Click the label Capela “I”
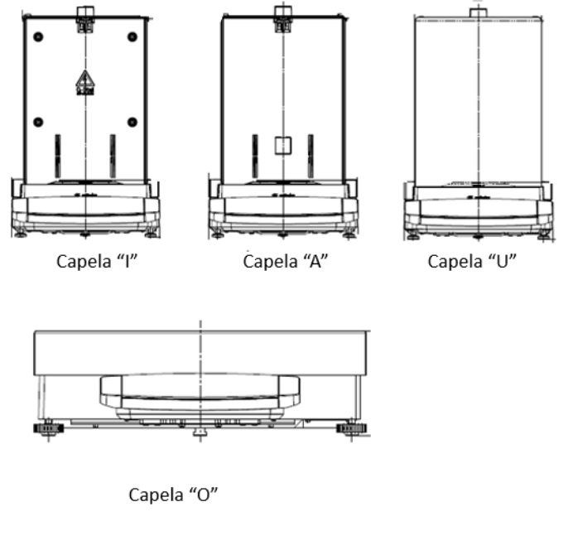[x=97, y=262]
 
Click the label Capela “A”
[x=286, y=262]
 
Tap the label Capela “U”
[x=472, y=262]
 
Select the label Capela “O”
[x=173, y=495]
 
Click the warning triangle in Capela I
[x=85, y=83]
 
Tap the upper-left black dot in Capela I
[x=38, y=37]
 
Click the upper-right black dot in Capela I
[x=132, y=37]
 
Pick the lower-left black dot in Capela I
[x=38, y=122]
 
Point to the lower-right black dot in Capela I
[x=132, y=122]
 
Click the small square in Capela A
[x=283, y=146]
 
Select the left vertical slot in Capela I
[x=58, y=156]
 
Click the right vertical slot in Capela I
[x=113, y=156]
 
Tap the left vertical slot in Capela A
[x=255, y=156]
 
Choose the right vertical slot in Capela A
[x=311, y=156]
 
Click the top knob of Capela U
[x=479, y=13]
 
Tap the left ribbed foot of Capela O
[x=48, y=428]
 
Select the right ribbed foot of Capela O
[x=352, y=428]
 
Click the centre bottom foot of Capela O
[x=200, y=432]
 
